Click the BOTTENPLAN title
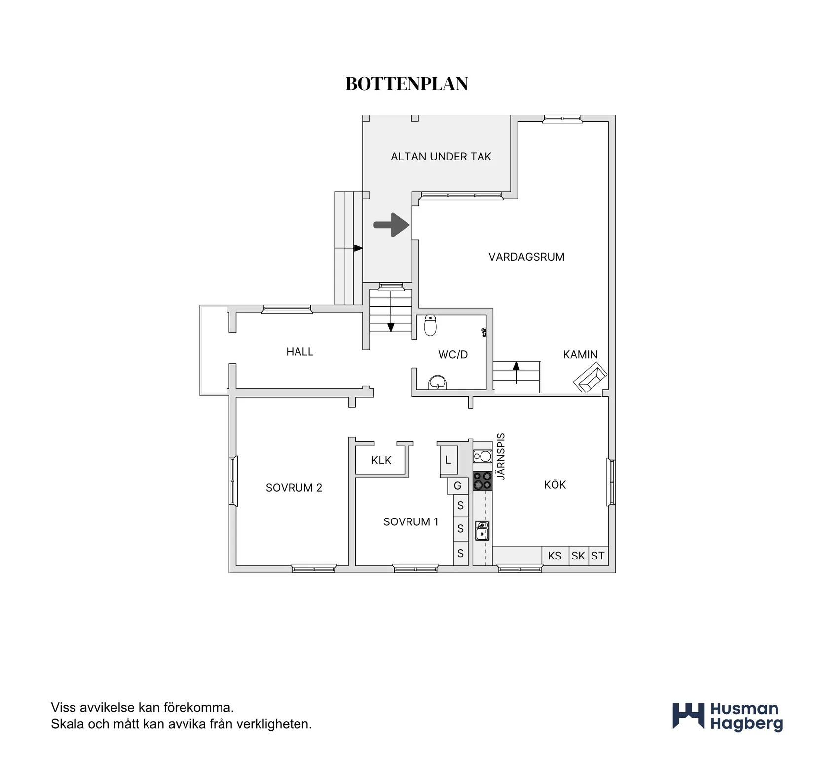pos(407,84)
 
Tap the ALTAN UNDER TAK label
pos(441,157)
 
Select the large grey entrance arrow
pos(392,225)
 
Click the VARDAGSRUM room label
pos(526,257)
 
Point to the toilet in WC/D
pos(430,325)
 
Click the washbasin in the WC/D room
pos(438,383)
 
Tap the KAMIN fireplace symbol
pos(591,377)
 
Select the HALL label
pos(300,352)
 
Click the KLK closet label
pos(381,460)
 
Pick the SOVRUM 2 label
pos(294,488)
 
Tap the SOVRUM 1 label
pos(411,522)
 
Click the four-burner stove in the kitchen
pos(482,481)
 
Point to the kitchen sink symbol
pos(482,531)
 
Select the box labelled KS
pos(555,556)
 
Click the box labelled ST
pos(598,556)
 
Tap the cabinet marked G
pos(457,486)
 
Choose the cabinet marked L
pos(449,460)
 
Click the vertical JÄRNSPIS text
pos(501,456)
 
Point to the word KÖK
pos(555,485)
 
